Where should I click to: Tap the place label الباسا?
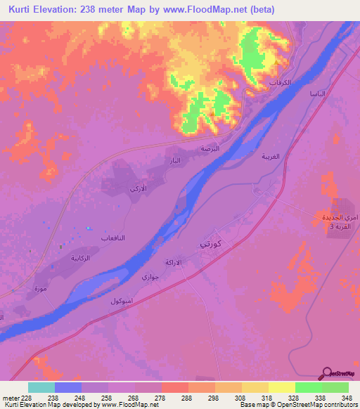point(308,93)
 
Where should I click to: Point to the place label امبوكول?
point(122,300)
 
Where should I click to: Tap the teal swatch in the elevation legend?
point(41,387)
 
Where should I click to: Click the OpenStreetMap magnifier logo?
point(328,373)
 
